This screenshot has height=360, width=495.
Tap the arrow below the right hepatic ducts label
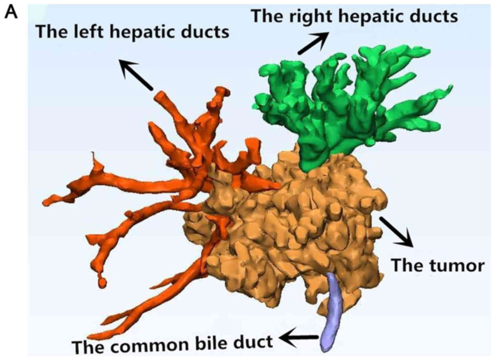(x=312, y=43)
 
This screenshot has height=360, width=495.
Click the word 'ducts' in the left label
(x=207, y=32)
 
